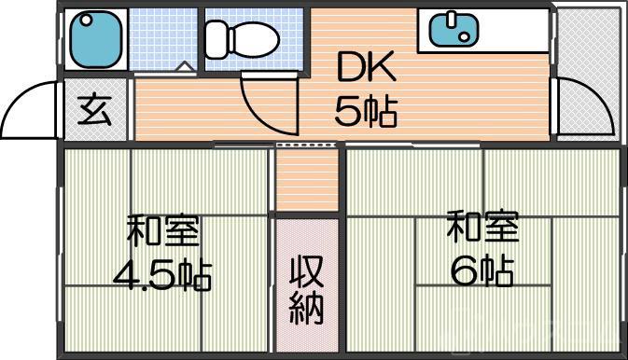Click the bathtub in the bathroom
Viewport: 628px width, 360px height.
click(x=95, y=37)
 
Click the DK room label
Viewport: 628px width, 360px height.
click(x=367, y=68)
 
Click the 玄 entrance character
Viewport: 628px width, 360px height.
click(x=94, y=111)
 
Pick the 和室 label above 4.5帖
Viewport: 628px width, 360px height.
click(x=163, y=230)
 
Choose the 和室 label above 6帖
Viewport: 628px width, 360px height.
click(x=482, y=227)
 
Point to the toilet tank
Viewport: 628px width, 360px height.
click(x=216, y=37)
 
